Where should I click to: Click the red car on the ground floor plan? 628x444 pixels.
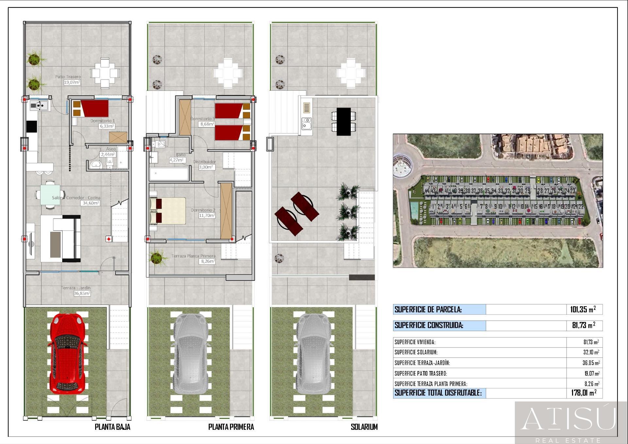point(68,353)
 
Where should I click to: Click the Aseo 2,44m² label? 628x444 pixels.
point(109,152)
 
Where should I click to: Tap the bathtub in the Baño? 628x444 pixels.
point(169,174)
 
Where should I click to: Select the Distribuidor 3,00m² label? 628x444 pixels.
point(205,164)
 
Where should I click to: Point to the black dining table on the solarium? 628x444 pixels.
point(343,121)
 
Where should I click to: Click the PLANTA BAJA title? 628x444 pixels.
point(113,427)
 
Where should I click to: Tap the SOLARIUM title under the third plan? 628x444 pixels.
point(364,427)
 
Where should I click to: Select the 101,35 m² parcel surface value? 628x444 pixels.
point(583,309)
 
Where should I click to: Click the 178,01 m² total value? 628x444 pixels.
point(584,393)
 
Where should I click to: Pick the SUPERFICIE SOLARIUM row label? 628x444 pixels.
point(416,352)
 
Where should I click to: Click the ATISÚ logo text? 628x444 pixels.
point(568,419)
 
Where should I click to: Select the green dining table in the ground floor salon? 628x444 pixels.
point(50,195)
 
